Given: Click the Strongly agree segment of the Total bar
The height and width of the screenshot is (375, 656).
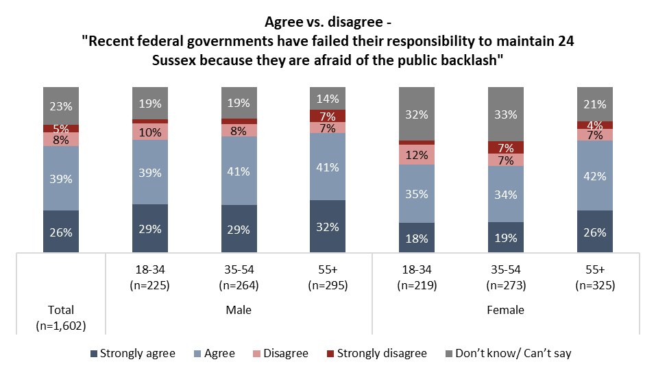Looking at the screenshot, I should click(60, 231).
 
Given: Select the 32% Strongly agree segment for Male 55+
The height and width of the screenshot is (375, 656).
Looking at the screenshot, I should click(328, 226).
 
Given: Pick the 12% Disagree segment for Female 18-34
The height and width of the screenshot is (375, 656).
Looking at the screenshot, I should click(416, 154).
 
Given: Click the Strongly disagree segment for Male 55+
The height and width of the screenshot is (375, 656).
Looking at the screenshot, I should click(328, 115).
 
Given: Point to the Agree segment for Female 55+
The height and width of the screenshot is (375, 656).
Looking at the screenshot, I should click(594, 176).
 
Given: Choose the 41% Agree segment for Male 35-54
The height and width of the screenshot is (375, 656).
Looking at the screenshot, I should click(239, 171).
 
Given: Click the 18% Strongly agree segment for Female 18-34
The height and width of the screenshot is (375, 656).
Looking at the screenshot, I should click(416, 238).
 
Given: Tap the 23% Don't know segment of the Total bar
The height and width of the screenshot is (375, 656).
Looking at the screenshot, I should click(60, 106).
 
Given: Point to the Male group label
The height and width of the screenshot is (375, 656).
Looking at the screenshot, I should click(238, 310).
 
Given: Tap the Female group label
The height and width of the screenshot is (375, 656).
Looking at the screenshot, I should click(505, 310).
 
